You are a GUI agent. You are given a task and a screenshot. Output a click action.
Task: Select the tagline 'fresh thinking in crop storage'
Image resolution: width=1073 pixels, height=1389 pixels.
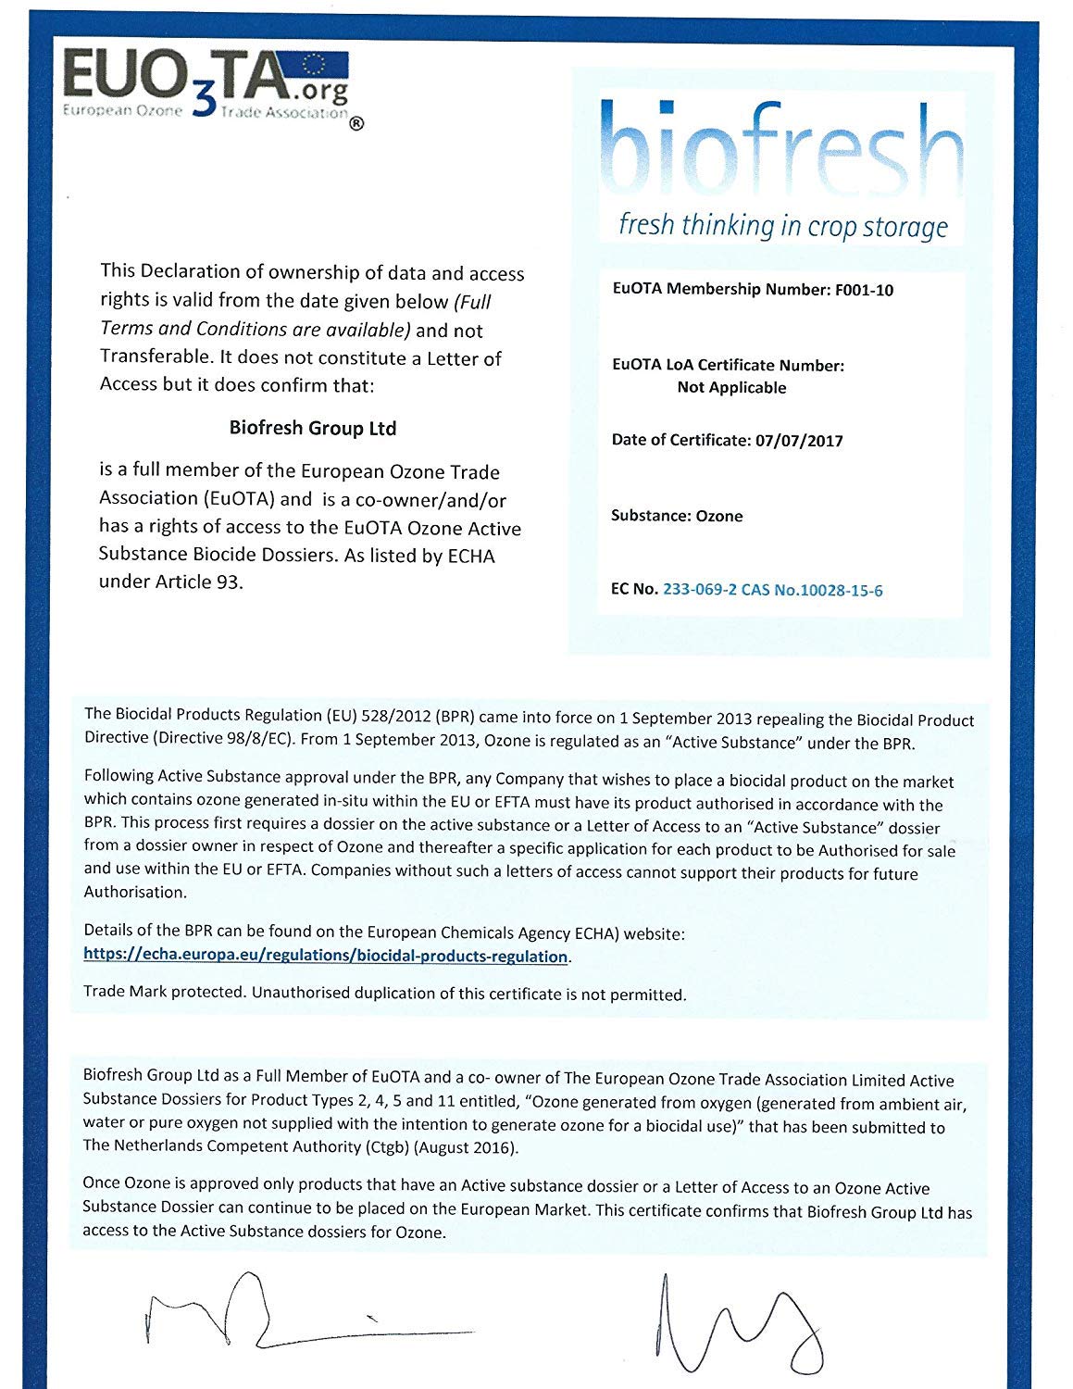[x=783, y=226]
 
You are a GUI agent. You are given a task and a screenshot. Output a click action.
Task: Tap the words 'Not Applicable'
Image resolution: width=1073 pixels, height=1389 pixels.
[x=731, y=388]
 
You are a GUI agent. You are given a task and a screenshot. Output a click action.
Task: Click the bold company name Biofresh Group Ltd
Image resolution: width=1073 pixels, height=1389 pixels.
[x=313, y=429]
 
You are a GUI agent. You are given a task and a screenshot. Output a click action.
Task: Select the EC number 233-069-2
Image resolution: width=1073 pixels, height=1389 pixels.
[x=700, y=590]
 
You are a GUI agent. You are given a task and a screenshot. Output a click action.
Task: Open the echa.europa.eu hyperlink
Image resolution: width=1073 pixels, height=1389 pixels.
[x=326, y=956]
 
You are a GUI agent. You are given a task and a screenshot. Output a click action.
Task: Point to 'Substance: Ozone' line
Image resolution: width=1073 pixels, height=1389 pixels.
[x=677, y=516]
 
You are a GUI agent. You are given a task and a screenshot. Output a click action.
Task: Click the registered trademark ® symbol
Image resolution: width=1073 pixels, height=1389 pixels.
[x=356, y=124]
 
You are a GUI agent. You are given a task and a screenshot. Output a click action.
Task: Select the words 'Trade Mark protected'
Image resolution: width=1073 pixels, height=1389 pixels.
[x=164, y=993]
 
